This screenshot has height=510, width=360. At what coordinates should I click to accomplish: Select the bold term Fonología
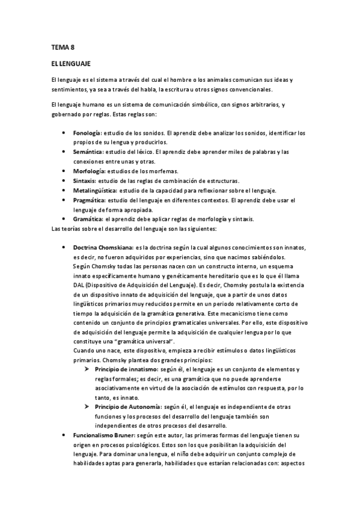(x=87, y=132)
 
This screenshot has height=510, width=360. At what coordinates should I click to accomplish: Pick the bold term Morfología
(x=88, y=171)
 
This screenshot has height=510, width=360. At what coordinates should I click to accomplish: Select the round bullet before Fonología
(x=64, y=132)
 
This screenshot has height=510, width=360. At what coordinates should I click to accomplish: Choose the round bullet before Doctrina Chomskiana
(x=64, y=247)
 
